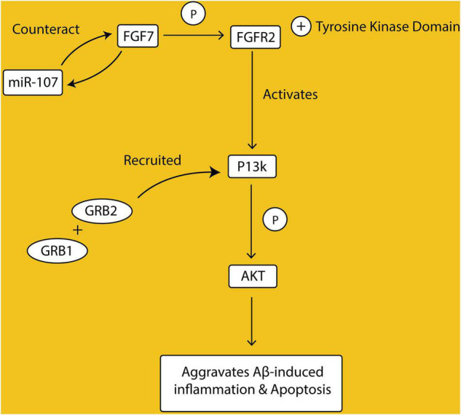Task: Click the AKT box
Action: click(251, 276)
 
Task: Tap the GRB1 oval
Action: click(54, 249)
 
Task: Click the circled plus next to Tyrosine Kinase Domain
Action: click(301, 27)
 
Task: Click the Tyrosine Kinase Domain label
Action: click(386, 28)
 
